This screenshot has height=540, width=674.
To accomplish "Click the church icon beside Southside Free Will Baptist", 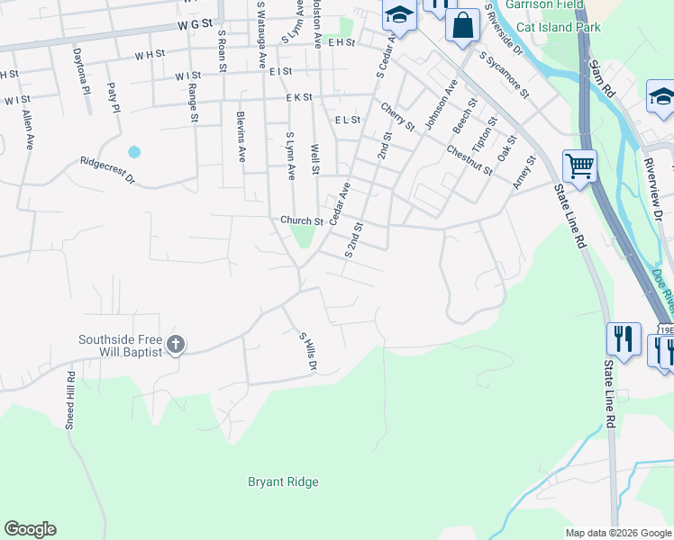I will [176, 344].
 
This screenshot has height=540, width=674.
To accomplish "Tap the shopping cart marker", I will [579, 165].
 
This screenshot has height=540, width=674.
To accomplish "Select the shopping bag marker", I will [462, 26].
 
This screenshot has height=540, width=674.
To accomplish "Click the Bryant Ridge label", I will [283, 482].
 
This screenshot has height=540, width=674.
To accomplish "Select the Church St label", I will [301, 220].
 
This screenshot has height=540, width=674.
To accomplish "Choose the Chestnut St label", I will [469, 158].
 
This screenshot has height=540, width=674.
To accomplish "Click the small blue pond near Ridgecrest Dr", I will [134, 152].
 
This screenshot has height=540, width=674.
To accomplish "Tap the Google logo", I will [30, 529].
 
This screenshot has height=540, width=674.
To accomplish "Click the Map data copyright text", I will [618, 534].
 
